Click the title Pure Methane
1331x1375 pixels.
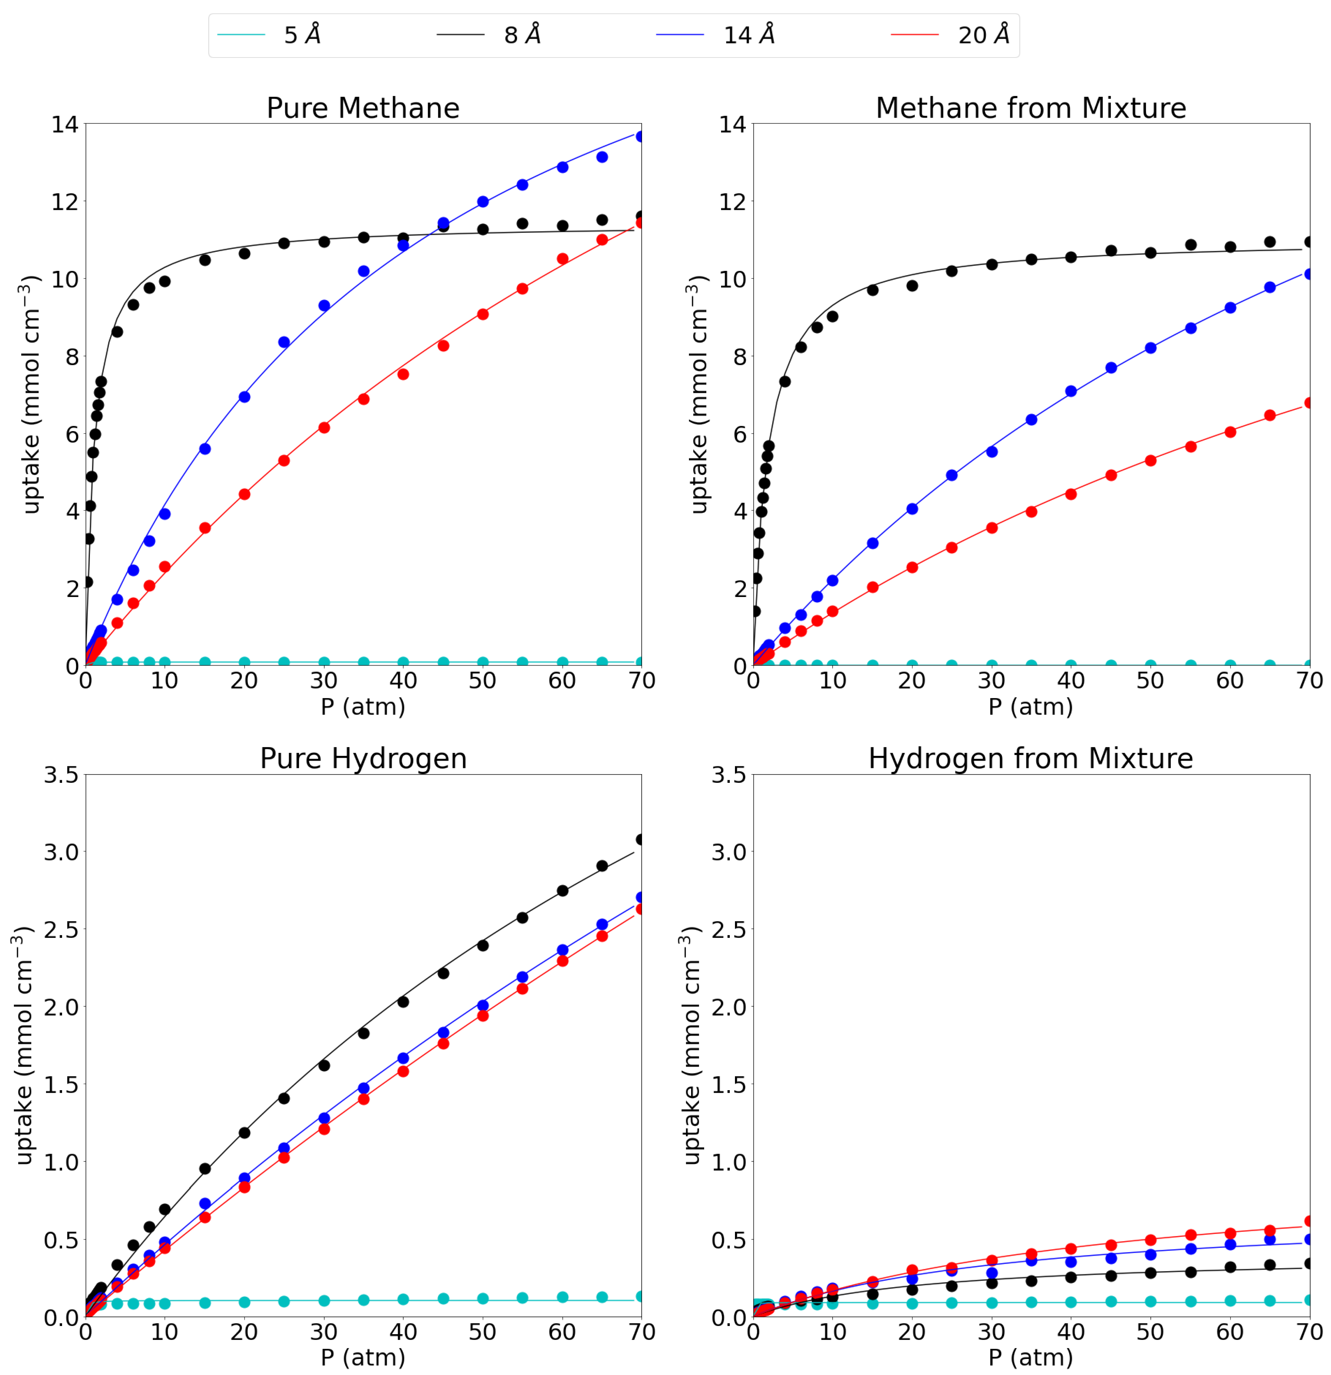pyautogui.click(x=363, y=108)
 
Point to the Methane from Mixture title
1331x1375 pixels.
pyautogui.click(x=1030, y=108)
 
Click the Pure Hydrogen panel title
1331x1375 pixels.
pyautogui.click(x=363, y=758)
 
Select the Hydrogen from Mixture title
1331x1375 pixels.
pyautogui.click(x=1030, y=758)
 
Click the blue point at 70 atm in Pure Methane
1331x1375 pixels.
pyautogui.click(x=641, y=136)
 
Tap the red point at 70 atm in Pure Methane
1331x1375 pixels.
pyautogui.click(x=641, y=222)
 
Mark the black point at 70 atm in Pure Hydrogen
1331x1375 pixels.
pyautogui.click(x=641, y=839)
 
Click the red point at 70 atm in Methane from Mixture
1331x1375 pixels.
pyautogui.click(x=1308, y=402)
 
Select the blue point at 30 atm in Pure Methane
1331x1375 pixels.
pyautogui.click(x=323, y=306)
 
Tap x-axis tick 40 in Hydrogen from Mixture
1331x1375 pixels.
pyautogui.click(x=1070, y=1332)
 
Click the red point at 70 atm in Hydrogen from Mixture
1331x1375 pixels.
pyautogui.click(x=1308, y=1221)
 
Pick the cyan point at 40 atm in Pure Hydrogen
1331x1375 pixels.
pyautogui.click(x=403, y=1299)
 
